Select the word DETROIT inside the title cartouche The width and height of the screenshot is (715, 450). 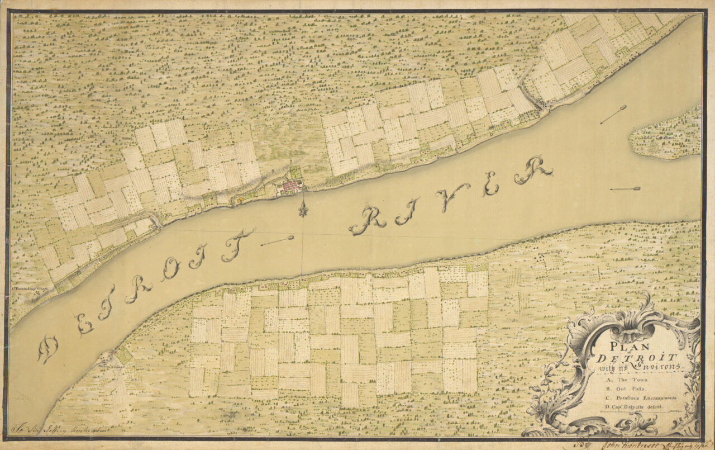pos(636,358)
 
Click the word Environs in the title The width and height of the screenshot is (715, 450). pos(659,367)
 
